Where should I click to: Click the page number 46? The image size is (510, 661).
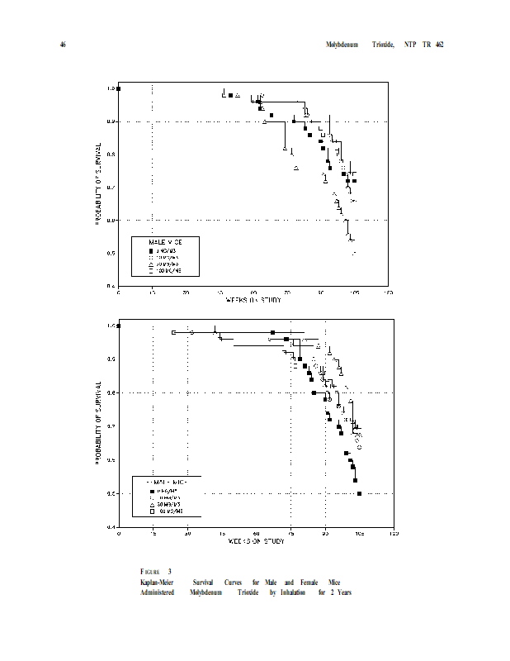(62, 44)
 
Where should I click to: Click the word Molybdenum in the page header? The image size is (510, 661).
(341, 44)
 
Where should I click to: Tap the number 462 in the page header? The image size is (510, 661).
(440, 44)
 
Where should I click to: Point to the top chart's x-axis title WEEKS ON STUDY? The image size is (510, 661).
(254, 300)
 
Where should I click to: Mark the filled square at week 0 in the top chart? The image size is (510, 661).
(119, 88)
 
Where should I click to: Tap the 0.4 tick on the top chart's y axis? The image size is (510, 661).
(111, 286)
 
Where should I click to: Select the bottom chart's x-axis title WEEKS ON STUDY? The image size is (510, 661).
(256, 541)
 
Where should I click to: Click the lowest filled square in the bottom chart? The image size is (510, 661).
(359, 493)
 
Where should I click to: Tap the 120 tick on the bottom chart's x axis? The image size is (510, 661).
(394, 534)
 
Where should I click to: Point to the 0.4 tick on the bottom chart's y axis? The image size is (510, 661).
(111, 527)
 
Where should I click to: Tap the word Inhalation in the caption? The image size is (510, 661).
(292, 592)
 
